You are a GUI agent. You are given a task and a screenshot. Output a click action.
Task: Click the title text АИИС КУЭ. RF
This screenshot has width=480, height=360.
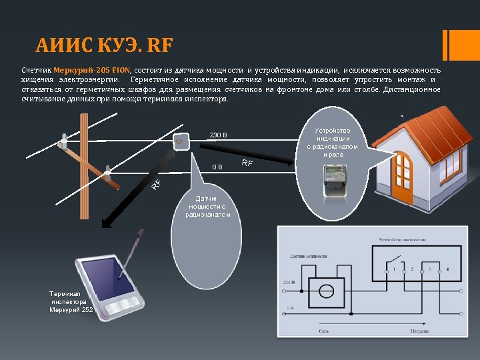(x=104, y=46)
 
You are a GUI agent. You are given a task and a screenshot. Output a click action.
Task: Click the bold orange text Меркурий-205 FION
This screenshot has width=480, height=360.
(x=92, y=70)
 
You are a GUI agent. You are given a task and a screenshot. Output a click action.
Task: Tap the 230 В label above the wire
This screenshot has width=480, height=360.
(x=218, y=135)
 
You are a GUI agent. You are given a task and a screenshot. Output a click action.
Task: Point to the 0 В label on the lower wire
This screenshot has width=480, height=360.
(x=217, y=167)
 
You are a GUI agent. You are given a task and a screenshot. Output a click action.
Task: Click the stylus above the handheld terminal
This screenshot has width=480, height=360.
(x=133, y=249)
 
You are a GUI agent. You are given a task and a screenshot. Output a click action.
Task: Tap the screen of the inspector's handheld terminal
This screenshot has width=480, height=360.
(x=108, y=277)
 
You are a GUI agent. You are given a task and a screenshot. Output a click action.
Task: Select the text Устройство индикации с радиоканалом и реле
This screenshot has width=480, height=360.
(x=332, y=142)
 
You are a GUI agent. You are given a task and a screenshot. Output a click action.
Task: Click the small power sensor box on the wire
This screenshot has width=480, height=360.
(x=179, y=141)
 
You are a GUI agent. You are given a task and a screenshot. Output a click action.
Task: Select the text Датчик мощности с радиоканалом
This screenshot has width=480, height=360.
(x=207, y=207)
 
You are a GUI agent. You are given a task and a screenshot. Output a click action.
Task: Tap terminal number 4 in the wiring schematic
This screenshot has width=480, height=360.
(x=447, y=269)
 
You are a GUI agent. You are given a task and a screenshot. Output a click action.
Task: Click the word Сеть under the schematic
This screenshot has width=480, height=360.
(x=324, y=330)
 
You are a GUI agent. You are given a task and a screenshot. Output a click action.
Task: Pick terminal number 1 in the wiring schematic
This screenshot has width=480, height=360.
(x=394, y=269)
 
